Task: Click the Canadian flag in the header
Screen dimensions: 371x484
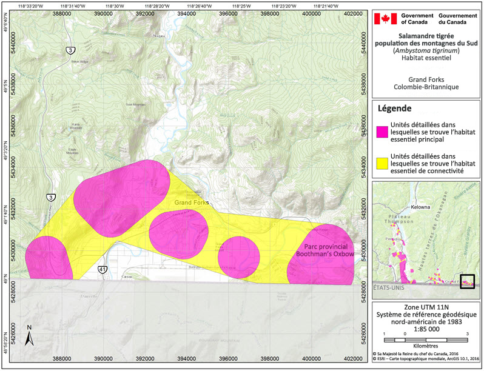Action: point(384,19)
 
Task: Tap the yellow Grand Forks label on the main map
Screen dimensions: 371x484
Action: point(192,202)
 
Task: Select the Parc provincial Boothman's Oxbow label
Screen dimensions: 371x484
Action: point(320,251)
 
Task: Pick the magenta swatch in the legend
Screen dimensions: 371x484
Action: point(382,132)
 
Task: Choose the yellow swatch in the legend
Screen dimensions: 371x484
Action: point(382,163)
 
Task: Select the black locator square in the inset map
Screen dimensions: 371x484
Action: point(467,281)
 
